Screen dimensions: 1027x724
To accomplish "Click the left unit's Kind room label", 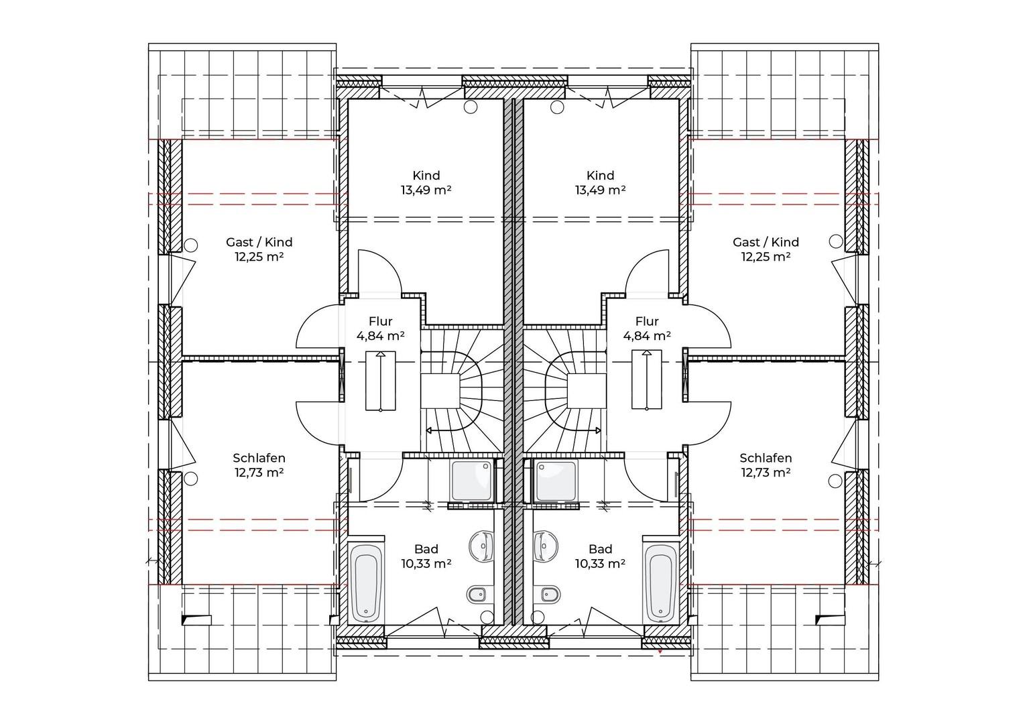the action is click(426, 176).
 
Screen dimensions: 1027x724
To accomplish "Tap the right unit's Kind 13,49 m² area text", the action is click(600, 190).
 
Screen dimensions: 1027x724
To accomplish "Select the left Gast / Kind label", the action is click(259, 242).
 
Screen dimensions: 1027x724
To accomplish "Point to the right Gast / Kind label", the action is click(766, 242).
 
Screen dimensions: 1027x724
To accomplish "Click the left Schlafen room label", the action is click(259, 458).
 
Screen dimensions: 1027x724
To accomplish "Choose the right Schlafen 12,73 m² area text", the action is click(766, 472).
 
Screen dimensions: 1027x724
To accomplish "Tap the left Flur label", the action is click(381, 321).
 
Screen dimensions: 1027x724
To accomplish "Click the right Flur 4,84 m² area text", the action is click(647, 336).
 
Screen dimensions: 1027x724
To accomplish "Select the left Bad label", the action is click(426, 549).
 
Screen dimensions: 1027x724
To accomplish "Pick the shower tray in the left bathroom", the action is click(472, 481).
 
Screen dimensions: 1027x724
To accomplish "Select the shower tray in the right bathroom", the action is click(556, 481).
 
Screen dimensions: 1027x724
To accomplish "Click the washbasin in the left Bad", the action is click(481, 546).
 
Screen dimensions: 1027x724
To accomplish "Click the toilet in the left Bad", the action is click(479, 595).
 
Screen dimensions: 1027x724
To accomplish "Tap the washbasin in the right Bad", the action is click(546, 546).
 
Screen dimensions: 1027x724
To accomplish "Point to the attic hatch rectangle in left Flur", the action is click(381, 381).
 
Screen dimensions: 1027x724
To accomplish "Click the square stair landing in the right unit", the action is click(587, 391).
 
